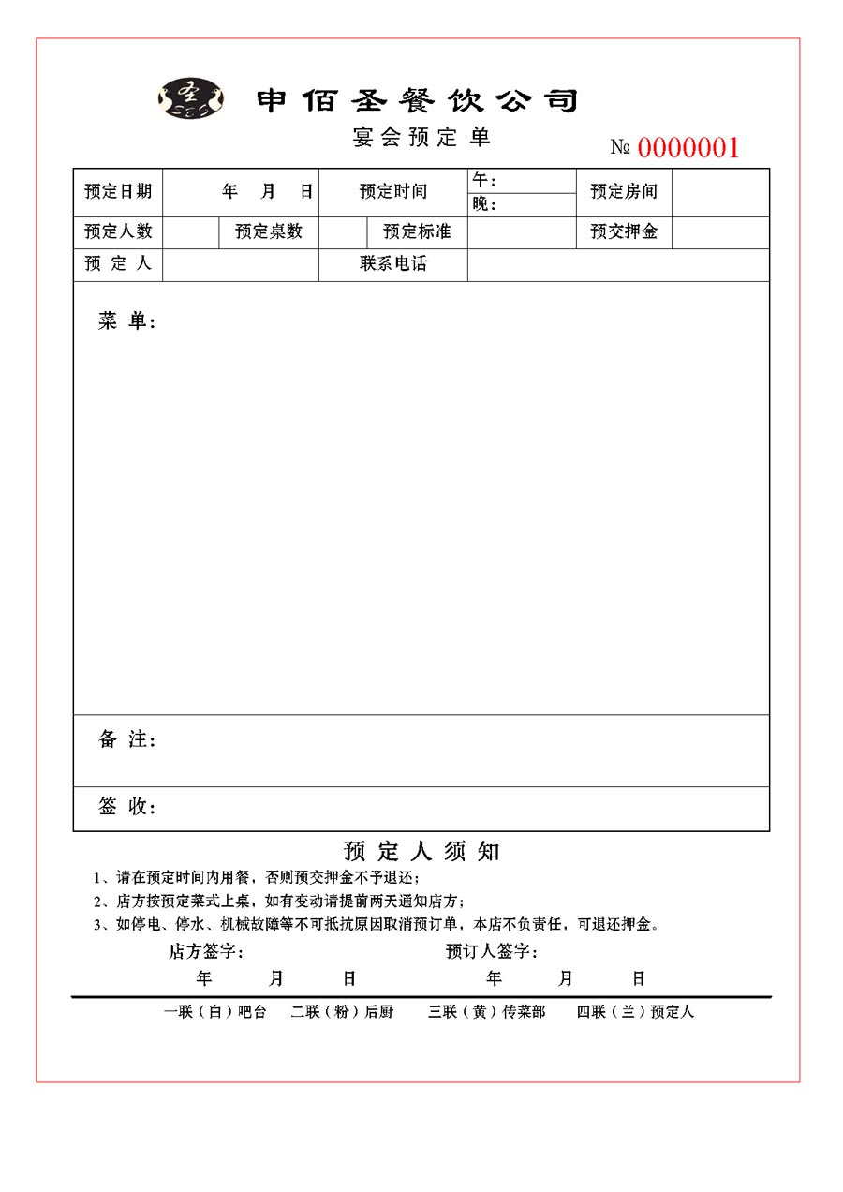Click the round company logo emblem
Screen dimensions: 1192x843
192,97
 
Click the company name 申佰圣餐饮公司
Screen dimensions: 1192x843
418,100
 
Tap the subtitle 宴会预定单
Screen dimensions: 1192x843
421,137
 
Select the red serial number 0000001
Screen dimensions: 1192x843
688,147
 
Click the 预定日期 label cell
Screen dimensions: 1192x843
118,192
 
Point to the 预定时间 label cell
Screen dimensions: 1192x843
393,192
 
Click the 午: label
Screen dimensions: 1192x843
484,180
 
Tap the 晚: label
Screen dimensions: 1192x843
484,204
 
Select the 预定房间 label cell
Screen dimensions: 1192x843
624,192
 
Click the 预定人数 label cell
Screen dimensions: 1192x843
118,231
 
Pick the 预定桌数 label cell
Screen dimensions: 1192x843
269,231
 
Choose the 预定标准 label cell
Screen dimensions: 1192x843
417,231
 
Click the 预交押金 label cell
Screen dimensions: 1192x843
624,231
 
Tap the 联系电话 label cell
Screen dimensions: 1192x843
393,264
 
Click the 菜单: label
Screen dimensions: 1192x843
126,321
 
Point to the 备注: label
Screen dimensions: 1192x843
126,739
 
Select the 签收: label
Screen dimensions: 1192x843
126,806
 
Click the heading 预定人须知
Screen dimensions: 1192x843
421,851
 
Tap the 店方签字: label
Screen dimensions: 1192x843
206,952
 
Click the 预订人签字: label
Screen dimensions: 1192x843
492,952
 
